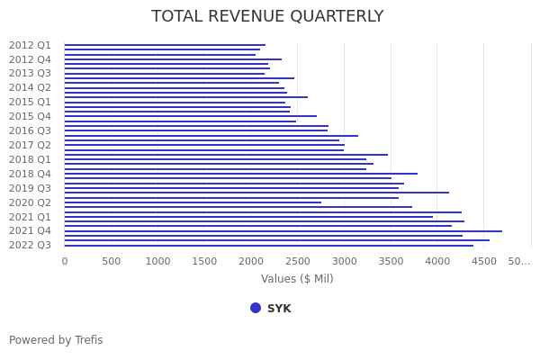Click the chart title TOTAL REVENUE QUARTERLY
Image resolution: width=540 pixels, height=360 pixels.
[267, 17]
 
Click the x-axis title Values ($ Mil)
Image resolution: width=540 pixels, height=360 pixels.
[297, 279]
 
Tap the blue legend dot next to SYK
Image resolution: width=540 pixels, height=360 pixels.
[256, 308]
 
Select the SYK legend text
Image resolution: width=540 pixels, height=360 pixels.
[279, 309]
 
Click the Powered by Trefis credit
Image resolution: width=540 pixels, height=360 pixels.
[56, 340]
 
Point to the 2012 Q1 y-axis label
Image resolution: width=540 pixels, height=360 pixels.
[31, 45]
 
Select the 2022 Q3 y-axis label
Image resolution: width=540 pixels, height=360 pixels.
[31, 245]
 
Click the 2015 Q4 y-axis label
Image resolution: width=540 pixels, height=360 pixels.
[31, 116]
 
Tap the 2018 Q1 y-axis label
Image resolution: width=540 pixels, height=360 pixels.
[31, 159]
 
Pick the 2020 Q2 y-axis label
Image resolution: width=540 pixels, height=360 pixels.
[31, 202]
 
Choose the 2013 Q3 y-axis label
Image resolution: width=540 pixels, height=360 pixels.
[31, 74]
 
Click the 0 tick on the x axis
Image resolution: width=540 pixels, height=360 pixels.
[64, 261]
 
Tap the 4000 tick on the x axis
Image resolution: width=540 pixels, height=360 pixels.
[437, 261]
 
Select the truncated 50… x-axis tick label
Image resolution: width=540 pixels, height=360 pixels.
[519, 261]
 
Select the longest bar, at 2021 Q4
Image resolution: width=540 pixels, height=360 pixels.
[283, 231]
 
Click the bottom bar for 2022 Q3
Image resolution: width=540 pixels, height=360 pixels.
[268, 246]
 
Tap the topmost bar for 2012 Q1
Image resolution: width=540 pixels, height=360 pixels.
[165, 45]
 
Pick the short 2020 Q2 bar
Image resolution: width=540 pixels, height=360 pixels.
[193, 202]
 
